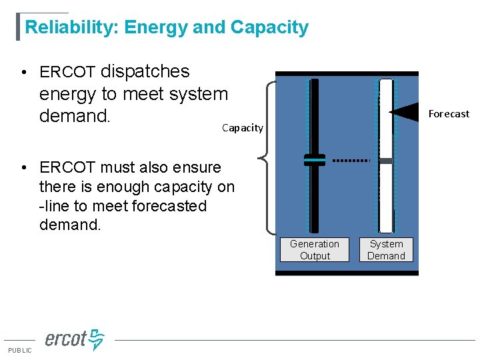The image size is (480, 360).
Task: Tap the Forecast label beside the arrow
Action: coord(449,114)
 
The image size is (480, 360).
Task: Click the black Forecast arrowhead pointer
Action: coord(403,112)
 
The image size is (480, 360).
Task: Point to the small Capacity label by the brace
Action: coord(242,128)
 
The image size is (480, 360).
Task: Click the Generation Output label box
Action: coord(315,250)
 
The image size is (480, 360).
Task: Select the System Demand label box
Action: coord(387,250)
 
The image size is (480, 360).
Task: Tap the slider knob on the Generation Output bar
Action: coord(315,160)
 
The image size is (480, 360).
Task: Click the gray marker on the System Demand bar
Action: coord(386,161)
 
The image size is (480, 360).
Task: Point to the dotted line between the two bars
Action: coord(351,161)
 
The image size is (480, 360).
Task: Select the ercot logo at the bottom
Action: coord(74,339)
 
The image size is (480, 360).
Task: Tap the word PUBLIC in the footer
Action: coord(19,351)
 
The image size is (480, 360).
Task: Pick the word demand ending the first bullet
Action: coord(73,117)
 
